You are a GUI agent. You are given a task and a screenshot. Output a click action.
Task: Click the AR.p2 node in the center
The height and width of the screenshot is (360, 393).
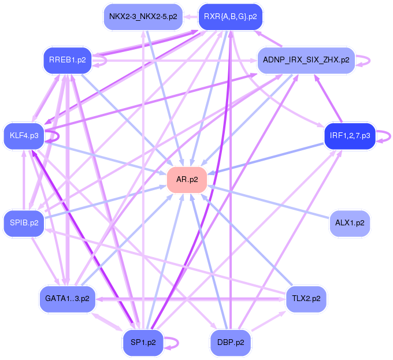187,180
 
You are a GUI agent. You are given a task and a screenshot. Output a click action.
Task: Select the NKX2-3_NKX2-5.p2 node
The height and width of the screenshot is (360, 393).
143,17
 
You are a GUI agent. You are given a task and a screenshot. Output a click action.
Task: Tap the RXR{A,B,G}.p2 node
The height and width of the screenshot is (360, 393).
230,17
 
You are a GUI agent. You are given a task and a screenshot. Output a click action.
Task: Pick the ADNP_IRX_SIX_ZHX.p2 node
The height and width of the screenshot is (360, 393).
306,60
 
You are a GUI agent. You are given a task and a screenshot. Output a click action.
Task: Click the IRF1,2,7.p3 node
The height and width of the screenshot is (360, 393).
350,136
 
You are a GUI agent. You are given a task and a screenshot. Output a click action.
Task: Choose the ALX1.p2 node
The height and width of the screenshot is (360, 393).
350,222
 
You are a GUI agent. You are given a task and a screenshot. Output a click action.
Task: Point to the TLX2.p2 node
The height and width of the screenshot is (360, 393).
306,299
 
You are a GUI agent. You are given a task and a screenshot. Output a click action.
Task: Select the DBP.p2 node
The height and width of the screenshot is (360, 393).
231,342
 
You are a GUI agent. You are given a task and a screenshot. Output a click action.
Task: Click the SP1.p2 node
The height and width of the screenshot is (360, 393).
143,342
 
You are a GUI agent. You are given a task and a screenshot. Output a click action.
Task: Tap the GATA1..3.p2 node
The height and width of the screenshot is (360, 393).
67,299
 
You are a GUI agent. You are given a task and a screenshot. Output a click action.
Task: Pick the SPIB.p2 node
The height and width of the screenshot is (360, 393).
24,222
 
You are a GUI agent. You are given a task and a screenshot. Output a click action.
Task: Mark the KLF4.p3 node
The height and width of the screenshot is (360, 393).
24,136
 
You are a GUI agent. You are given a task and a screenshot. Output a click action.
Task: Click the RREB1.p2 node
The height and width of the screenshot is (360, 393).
68,60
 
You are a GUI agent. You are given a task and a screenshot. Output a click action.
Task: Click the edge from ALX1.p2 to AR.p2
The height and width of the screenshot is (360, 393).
272,202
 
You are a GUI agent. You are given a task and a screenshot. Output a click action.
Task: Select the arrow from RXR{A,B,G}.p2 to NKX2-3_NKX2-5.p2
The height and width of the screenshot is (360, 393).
190,17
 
